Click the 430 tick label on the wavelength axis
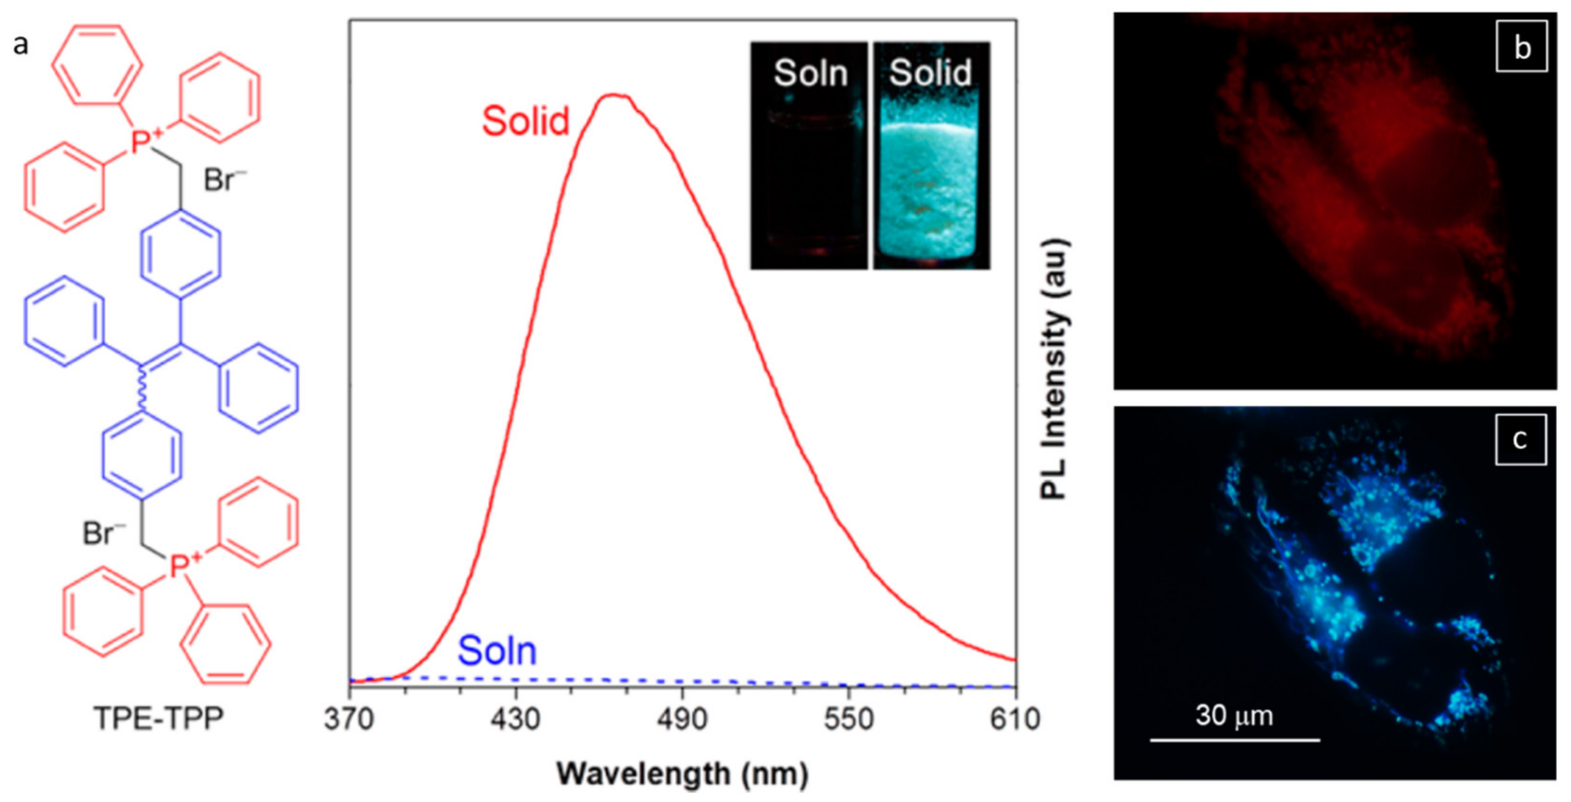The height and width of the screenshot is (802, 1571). tap(516, 720)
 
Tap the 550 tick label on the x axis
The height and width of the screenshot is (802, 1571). tap(848, 720)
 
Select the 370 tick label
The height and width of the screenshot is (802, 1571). tap(349, 720)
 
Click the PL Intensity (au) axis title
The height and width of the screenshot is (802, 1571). tap(1055, 370)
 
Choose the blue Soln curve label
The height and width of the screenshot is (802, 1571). tap(497, 651)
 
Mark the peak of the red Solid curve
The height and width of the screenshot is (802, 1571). tap(615, 95)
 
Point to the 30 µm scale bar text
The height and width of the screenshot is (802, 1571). tap(1234, 716)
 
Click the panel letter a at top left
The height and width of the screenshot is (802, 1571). tap(21, 44)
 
